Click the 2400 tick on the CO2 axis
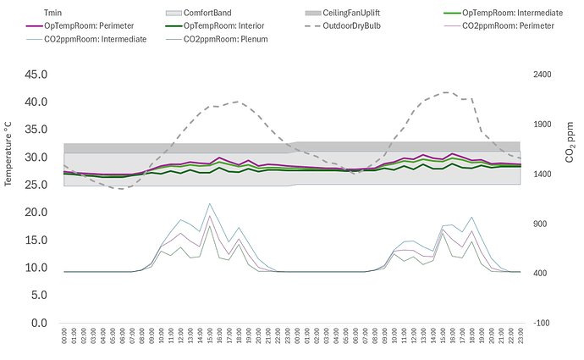(x=543, y=75)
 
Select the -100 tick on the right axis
(x=542, y=323)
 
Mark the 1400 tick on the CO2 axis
(x=543, y=174)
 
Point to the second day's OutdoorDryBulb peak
(x=446, y=92)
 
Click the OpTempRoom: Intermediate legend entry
(x=506, y=14)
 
